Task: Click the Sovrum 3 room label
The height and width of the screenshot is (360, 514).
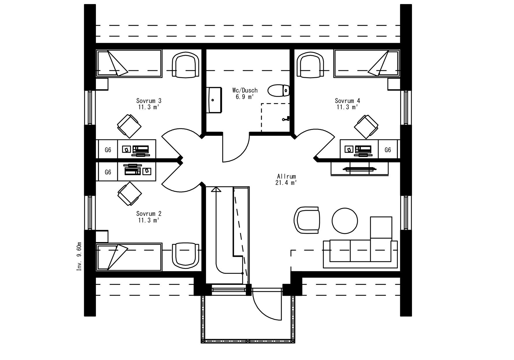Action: point(149,101)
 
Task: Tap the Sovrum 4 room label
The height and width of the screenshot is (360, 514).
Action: point(347,101)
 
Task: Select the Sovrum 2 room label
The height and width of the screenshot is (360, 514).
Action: point(149,214)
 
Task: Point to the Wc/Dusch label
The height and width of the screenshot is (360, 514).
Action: point(245,90)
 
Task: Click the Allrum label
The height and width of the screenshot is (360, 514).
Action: point(286,176)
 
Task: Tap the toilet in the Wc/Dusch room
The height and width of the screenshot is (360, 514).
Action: point(279,90)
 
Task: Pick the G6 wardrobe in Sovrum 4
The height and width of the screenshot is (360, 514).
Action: point(388,150)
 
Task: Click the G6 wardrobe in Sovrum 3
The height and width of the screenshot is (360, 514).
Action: point(108,150)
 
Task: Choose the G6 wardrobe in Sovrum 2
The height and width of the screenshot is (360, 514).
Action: point(108,172)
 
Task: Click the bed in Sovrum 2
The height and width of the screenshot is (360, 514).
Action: point(129,257)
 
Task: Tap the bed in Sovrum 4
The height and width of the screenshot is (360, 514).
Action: point(367,63)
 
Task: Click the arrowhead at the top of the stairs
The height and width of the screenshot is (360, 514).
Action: point(216,189)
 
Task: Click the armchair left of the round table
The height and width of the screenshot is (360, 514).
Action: point(307,220)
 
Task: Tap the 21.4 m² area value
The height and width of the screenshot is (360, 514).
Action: point(286,183)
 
